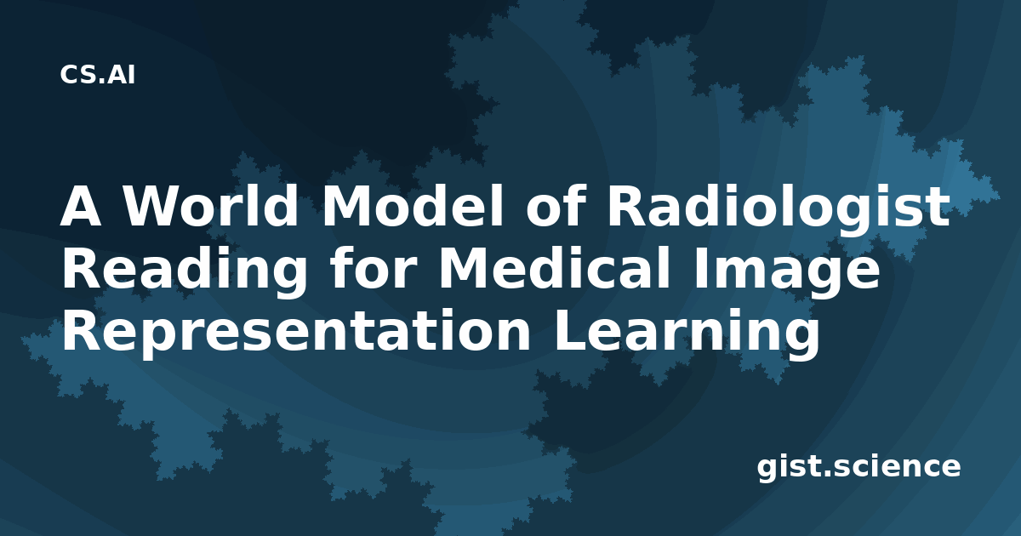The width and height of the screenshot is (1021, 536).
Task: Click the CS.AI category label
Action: click(x=98, y=75)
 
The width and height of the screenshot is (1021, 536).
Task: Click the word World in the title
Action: click(x=212, y=206)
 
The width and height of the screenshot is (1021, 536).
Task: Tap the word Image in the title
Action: click(x=787, y=271)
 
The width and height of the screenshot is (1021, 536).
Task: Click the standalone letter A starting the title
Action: click(x=81, y=206)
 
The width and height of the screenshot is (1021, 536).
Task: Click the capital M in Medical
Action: click(x=462, y=269)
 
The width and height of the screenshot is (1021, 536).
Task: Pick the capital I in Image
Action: click(x=699, y=269)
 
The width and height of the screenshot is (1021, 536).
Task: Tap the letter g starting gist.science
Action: click(x=767, y=470)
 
